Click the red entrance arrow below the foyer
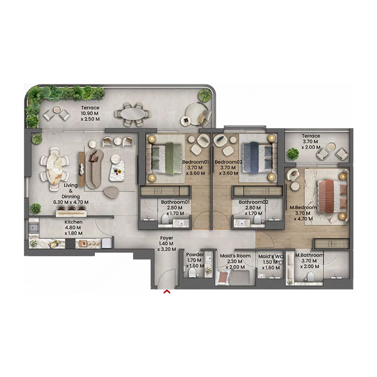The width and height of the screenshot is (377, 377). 166,292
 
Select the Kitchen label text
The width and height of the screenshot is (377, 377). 74,221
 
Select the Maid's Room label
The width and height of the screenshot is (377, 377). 235,256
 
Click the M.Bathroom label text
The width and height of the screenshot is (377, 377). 309,255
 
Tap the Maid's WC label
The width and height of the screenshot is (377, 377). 270,256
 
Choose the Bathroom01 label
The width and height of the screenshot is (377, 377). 175,202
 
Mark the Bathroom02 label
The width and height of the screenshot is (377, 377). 253,202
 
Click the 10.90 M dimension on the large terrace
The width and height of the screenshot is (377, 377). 90,114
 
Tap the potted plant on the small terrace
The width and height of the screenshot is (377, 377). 293,153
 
